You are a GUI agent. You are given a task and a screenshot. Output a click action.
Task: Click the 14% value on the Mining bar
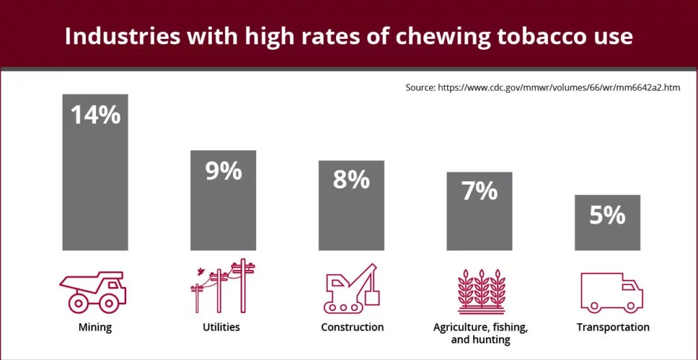click(x=95, y=115)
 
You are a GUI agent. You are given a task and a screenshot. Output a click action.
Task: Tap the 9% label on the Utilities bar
click(x=223, y=170)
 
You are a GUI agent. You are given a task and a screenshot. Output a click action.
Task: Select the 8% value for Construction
click(x=351, y=181)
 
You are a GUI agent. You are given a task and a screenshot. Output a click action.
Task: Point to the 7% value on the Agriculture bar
click(x=479, y=192)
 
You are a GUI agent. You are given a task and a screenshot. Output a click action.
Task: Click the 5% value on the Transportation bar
click(x=607, y=215)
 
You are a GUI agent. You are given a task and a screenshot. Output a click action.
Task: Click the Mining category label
click(x=95, y=327)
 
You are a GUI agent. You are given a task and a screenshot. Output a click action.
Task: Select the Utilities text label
click(x=222, y=327)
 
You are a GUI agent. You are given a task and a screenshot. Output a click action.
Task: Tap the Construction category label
click(x=352, y=327)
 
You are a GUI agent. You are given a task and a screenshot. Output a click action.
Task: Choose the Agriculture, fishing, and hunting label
click(x=480, y=333)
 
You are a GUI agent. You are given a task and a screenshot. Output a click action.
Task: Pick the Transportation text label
click(x=613, y=327)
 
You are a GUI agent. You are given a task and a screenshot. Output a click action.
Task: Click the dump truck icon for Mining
click(x=93, y=291)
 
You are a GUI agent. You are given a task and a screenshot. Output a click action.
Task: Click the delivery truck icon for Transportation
click(x=611, y=292)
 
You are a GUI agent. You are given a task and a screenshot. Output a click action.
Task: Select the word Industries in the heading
click(x=117, y=36)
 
